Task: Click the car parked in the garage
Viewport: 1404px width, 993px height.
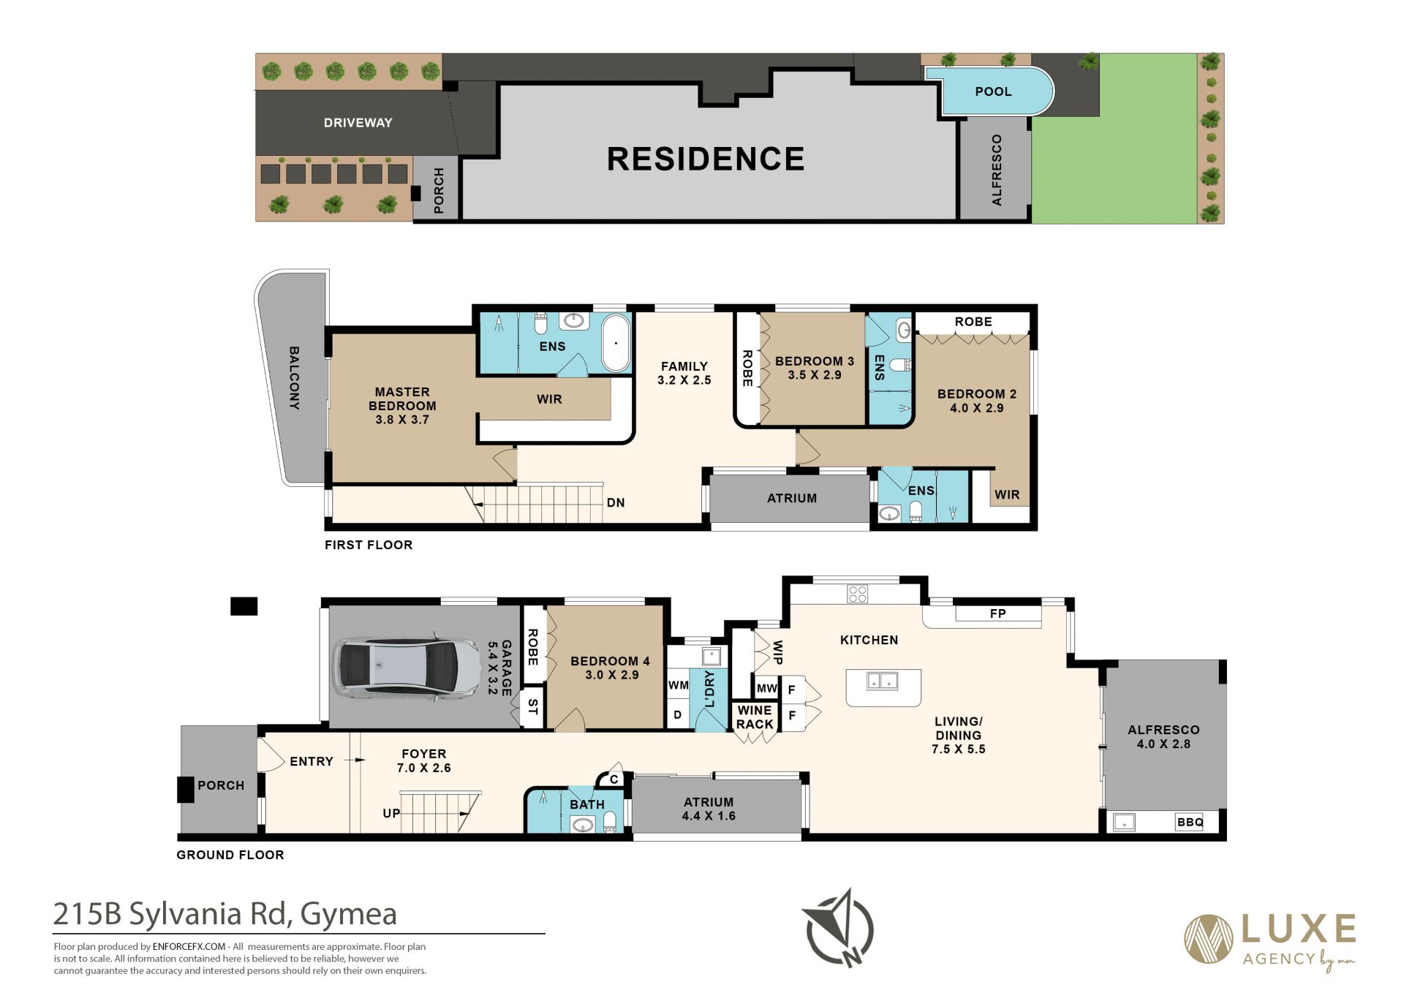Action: point(398,668)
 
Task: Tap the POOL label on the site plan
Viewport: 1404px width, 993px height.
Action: point(993,91)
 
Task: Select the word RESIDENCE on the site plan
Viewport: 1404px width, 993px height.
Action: point(706,159)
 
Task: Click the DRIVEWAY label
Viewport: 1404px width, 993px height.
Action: point(358,123)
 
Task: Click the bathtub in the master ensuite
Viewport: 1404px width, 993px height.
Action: point(616,343)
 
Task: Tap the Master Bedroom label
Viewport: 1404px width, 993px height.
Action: point(402,406)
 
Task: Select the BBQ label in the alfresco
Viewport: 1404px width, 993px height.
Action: point(1190,822)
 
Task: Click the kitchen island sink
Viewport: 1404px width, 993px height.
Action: point(882,681)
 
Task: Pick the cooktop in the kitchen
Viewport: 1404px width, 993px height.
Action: point(858,594)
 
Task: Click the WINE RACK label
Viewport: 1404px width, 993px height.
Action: point(755,717)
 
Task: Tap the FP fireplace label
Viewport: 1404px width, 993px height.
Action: point(997,613)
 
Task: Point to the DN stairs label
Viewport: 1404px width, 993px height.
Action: point(616,502)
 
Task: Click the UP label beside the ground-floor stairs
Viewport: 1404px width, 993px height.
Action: point(391,813)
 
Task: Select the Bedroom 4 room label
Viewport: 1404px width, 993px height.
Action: point(611,668)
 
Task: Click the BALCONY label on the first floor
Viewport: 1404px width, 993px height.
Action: point(294,378)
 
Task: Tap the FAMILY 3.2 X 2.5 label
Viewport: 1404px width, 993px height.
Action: point(684,373)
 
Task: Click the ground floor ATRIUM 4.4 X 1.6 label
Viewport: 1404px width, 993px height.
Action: point(709,809)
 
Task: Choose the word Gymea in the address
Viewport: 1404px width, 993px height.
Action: point(349,914)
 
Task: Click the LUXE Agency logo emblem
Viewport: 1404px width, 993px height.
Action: point(1209,939)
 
